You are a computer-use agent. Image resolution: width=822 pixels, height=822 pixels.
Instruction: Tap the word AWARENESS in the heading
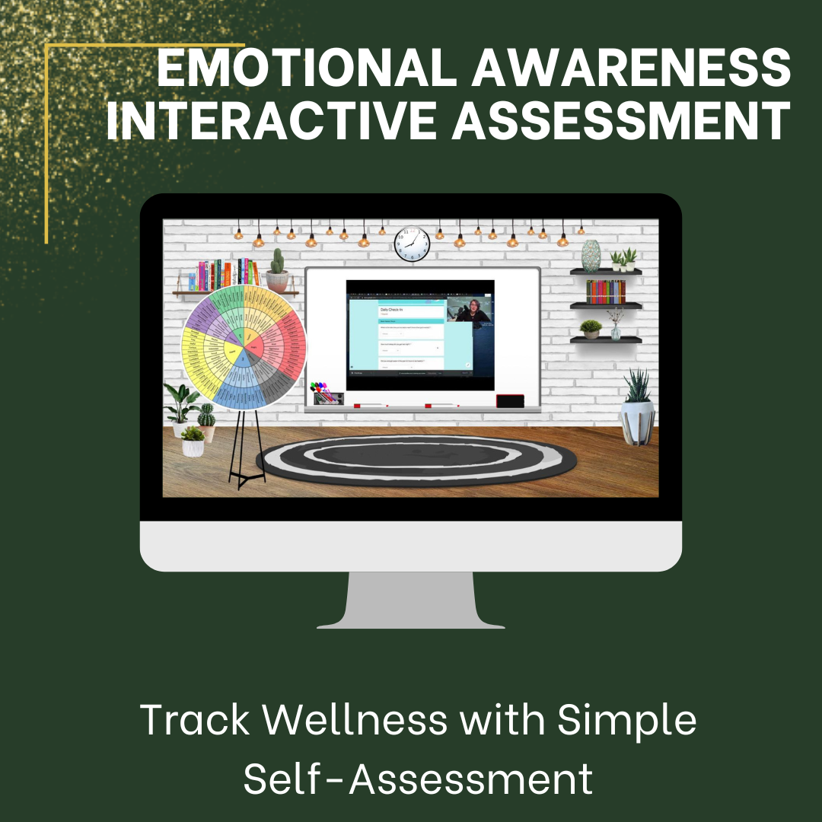pyautogui.click(x=632, y=71)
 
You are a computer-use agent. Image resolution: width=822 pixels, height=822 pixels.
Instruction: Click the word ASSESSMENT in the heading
pyautogui.click(x=621, y=122)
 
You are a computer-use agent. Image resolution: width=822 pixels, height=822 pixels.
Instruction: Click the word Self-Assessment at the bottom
pyautogui.click(x=418, y=779)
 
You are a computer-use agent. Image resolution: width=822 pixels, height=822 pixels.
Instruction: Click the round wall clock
pyautogui.click(x=412, y=244)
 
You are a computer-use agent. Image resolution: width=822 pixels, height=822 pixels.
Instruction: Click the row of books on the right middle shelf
pyautogui.click(x=606, y=292)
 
